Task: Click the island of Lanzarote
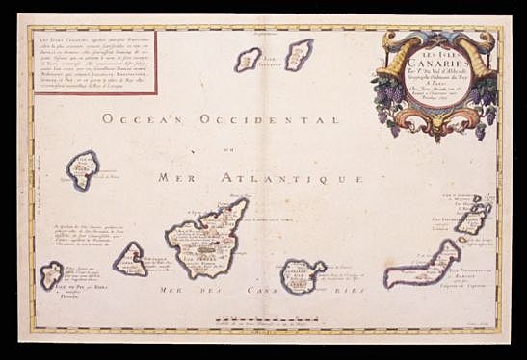click(472, 222)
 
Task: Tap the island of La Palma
click(83, 168)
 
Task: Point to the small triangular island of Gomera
click(130, 259)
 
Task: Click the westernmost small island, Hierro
click(51, 275)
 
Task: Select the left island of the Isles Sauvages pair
click(249, 60)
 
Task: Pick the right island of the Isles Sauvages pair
click(299, 54)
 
